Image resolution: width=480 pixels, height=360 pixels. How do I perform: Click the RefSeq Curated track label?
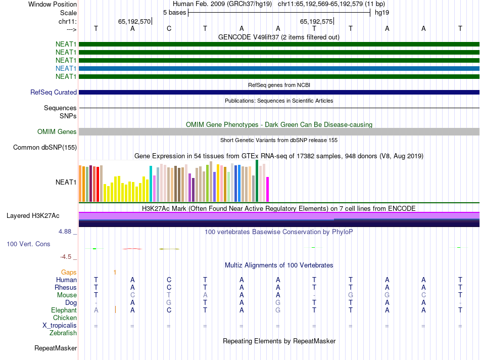(54, 93)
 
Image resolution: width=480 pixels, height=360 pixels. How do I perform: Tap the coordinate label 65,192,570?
(134, 22)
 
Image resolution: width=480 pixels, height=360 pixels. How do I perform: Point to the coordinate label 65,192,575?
(316, 22)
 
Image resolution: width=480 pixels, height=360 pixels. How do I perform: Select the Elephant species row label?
(64, 310)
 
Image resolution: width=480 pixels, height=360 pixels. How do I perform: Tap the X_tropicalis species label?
(60, 326)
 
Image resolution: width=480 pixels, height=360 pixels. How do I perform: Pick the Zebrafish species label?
(63, 333)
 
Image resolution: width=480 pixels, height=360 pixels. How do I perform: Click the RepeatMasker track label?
(56, 348)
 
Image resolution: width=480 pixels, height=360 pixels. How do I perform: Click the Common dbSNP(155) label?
(45, 148)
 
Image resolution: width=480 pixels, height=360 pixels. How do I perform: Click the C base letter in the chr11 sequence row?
(169, 28)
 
